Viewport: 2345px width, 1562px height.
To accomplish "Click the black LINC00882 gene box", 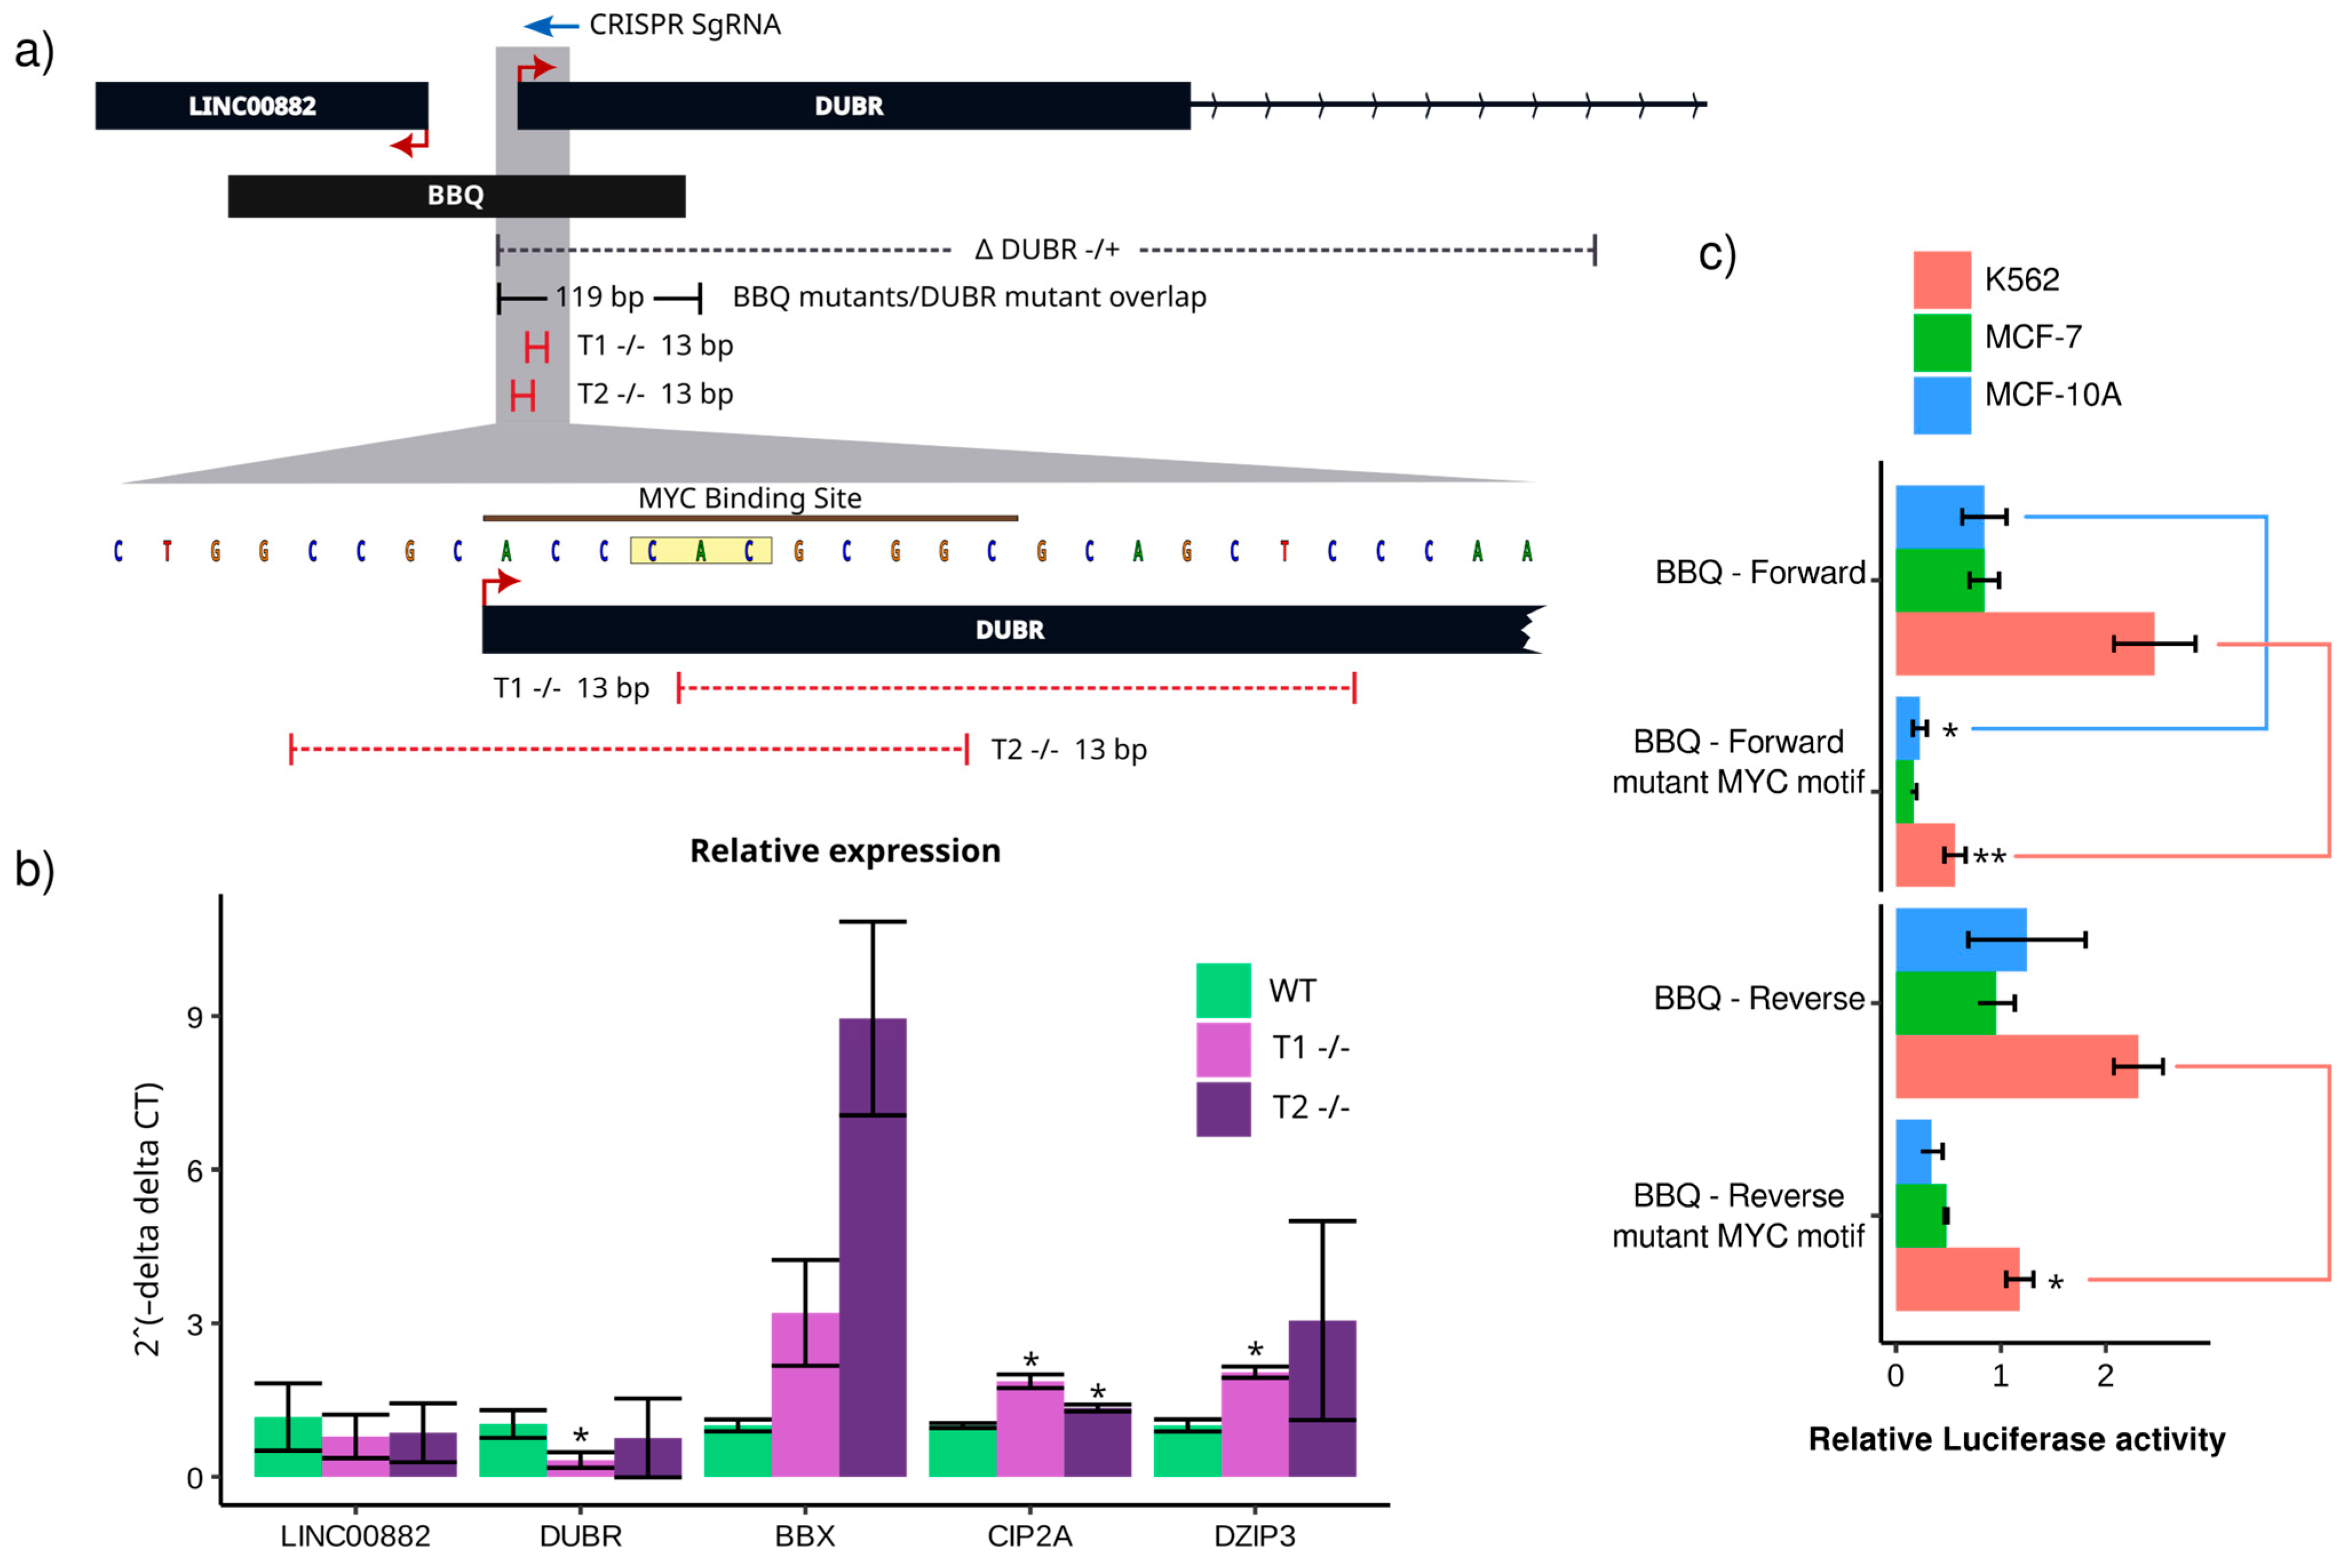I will tap(261, 106).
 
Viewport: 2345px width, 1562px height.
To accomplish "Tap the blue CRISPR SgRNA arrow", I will tap(551, 26).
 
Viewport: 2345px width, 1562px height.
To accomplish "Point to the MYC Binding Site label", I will tap(749, 498).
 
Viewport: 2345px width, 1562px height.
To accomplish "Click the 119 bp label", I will tap(599, 297).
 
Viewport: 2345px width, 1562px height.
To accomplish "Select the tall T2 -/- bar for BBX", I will tap(872, 1245).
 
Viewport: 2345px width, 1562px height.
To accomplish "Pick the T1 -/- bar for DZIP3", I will tap(1255, 1424).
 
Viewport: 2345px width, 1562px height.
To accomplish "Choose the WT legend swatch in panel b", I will tap(1223, 990).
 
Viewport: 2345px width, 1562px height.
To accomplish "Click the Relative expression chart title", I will tap(845, 851).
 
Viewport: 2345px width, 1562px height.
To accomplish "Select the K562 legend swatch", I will tap(1941, 280).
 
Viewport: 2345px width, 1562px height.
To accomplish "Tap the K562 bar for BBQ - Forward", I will tap(2023, 644).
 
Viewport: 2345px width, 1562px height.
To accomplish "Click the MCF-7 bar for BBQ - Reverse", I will tap(1945, 1002).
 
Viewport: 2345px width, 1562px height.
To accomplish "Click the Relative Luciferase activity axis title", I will tap(2016, 1440).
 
